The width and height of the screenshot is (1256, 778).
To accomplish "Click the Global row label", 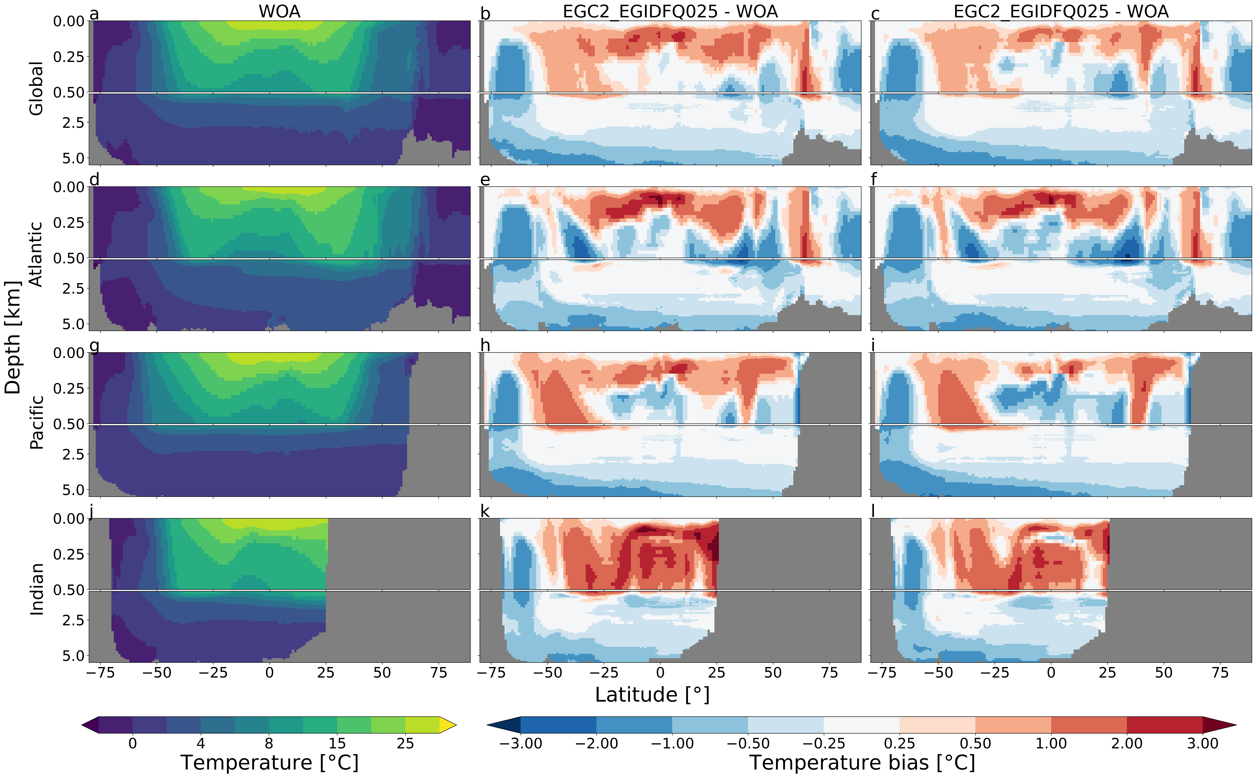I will (x=36, y=88).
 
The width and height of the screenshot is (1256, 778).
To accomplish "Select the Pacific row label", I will (x=36, y=422).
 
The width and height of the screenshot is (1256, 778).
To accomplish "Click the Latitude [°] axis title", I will (x=652, y=695).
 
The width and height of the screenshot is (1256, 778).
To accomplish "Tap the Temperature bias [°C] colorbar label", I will (x=862, y=763).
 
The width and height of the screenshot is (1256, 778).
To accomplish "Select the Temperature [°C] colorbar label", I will (x=269, y=763).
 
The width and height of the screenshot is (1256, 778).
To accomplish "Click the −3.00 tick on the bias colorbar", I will (x=521, y=744).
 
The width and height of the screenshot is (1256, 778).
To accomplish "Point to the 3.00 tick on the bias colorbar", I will (x=1203, y=744).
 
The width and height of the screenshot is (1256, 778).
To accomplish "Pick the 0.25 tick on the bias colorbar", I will (x=899, y=744).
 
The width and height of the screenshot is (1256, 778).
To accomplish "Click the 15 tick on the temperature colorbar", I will (x=337, y=744).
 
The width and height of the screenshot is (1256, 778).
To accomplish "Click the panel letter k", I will (x=485, y=511).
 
